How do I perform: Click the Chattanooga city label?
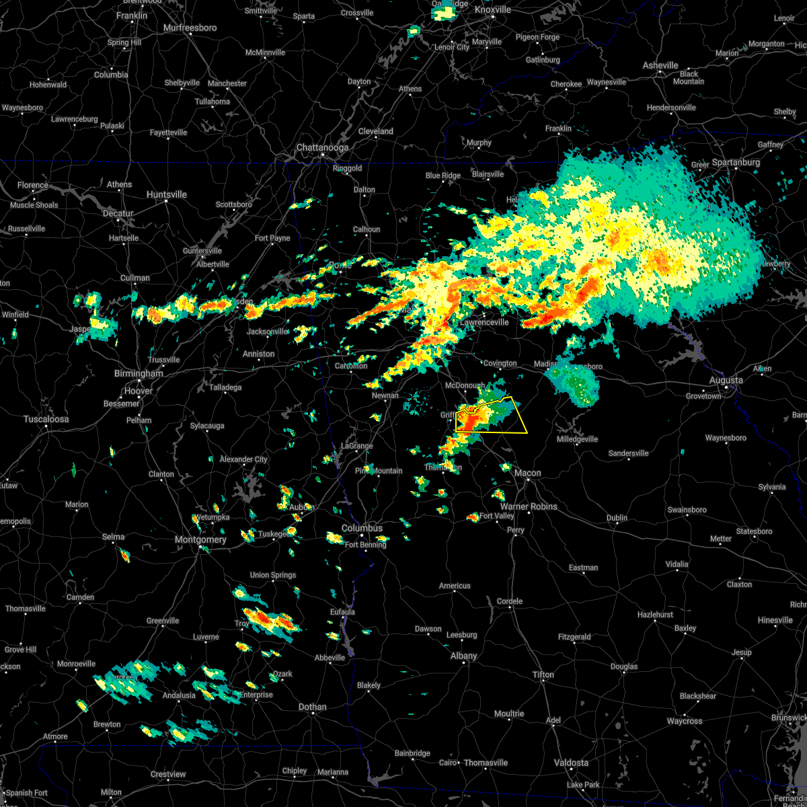323,148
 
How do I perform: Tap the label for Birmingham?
139,374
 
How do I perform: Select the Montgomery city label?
200,540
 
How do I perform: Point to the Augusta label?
726,381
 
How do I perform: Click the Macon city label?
528,473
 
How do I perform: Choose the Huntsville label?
167,195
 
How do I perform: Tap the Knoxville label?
493,10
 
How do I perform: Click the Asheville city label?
660,66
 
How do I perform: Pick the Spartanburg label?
736,163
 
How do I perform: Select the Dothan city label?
313,707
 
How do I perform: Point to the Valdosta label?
570,763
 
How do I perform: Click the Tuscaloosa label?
46,420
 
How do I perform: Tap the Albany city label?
464,656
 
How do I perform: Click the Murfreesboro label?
190,28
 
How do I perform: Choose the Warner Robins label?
529,507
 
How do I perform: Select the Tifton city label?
543,675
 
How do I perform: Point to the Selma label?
114,537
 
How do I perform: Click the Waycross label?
685,722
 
